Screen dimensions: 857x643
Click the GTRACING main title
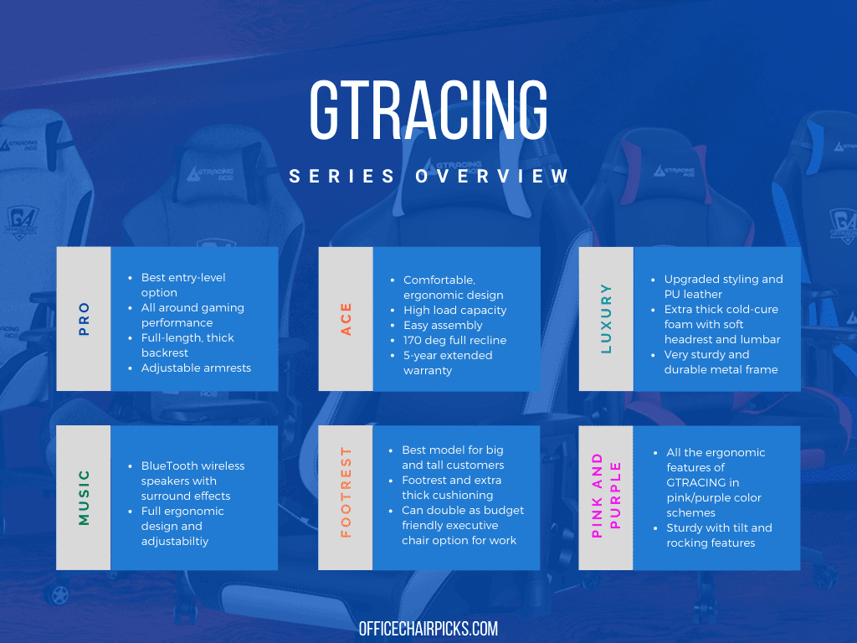[428, 110]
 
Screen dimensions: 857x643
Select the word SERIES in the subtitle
[341, 176]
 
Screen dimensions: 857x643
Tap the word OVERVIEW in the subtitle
[492, 176]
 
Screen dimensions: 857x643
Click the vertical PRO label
[84, 319]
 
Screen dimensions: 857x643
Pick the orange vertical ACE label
[346, 319]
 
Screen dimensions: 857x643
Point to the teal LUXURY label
[606, 318]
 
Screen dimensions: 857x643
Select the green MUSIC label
[84, 497]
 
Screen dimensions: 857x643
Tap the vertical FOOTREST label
[346, 492]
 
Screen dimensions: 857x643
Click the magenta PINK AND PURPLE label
[606, 496]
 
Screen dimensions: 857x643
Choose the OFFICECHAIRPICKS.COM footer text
[428, 629]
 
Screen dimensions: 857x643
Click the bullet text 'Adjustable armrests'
[196, 368]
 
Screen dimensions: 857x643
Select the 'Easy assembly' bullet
[443, 326]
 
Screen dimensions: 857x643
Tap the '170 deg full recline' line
[454, 340]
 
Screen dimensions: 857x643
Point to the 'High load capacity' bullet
[454, 310]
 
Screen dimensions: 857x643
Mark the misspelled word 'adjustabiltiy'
[175, 542]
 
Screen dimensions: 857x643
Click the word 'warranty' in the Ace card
[428, 371]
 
